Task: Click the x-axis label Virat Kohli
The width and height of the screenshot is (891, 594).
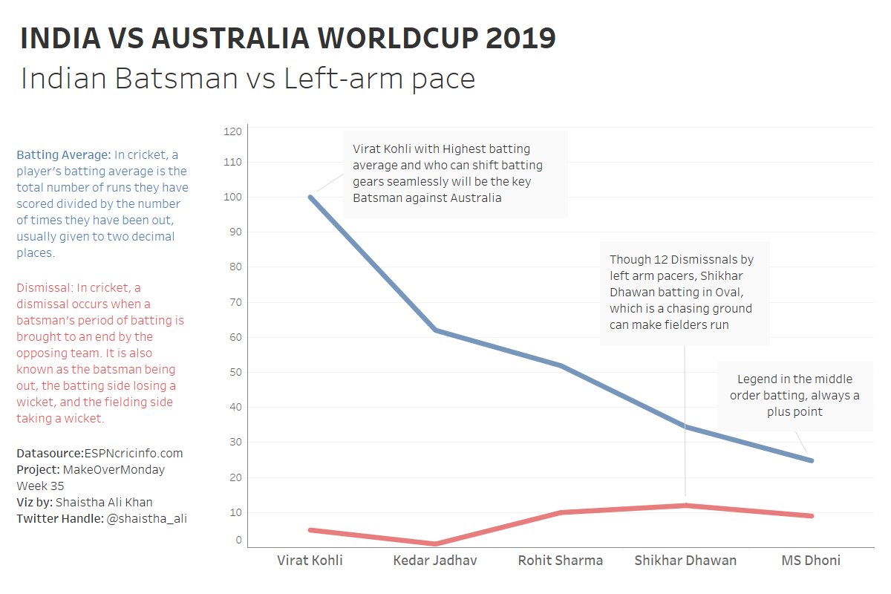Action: (310, 560)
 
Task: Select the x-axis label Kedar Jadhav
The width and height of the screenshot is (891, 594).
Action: (435, 560)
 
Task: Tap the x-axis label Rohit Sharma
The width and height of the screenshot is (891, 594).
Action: (561, 560)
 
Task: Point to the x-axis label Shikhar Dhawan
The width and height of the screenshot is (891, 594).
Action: (685, 560)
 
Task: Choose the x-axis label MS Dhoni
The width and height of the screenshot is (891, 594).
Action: (811, 560)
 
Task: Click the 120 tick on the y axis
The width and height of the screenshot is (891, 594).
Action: (233, 131)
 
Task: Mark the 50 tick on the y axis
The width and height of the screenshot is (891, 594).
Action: (233, 372)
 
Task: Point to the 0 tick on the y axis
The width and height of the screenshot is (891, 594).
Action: (238, 540)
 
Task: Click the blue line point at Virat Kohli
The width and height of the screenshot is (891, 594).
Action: (310, 197)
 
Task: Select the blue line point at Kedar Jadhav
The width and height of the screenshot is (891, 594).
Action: (436, 330)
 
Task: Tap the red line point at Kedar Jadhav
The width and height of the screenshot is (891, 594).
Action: (436, 544)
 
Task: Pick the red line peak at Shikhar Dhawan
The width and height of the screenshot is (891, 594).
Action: (686, 506)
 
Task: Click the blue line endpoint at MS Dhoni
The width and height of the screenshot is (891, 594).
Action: (811, 460)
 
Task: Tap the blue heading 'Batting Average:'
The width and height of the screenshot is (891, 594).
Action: (64, 155)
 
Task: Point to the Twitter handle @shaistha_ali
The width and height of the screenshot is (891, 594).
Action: (147, 519)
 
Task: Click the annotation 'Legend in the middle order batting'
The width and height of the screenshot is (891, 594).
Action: (794, 395)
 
